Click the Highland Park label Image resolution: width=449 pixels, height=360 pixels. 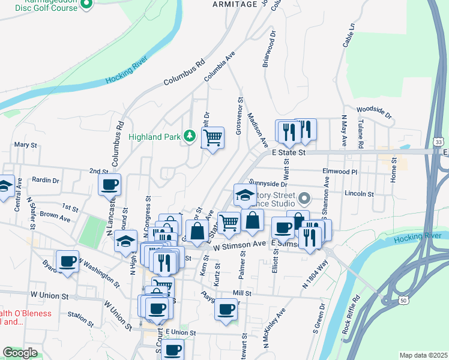point(155,137)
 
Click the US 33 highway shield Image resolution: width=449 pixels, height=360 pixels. point(439,142)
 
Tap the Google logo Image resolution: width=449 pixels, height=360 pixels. point(20,353)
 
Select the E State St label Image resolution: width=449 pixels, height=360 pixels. point(289,154)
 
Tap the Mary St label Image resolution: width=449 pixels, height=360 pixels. point(26,145)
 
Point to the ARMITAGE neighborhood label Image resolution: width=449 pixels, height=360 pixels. point(235,4)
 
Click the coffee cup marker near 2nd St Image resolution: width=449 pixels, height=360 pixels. point(109,185)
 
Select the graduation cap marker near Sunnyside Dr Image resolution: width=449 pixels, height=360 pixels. point(245,195)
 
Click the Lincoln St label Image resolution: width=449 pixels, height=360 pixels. point(360,194)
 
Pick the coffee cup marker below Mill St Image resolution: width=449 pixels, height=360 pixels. point(226,310)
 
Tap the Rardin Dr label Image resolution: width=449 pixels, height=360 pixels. point(46,180)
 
